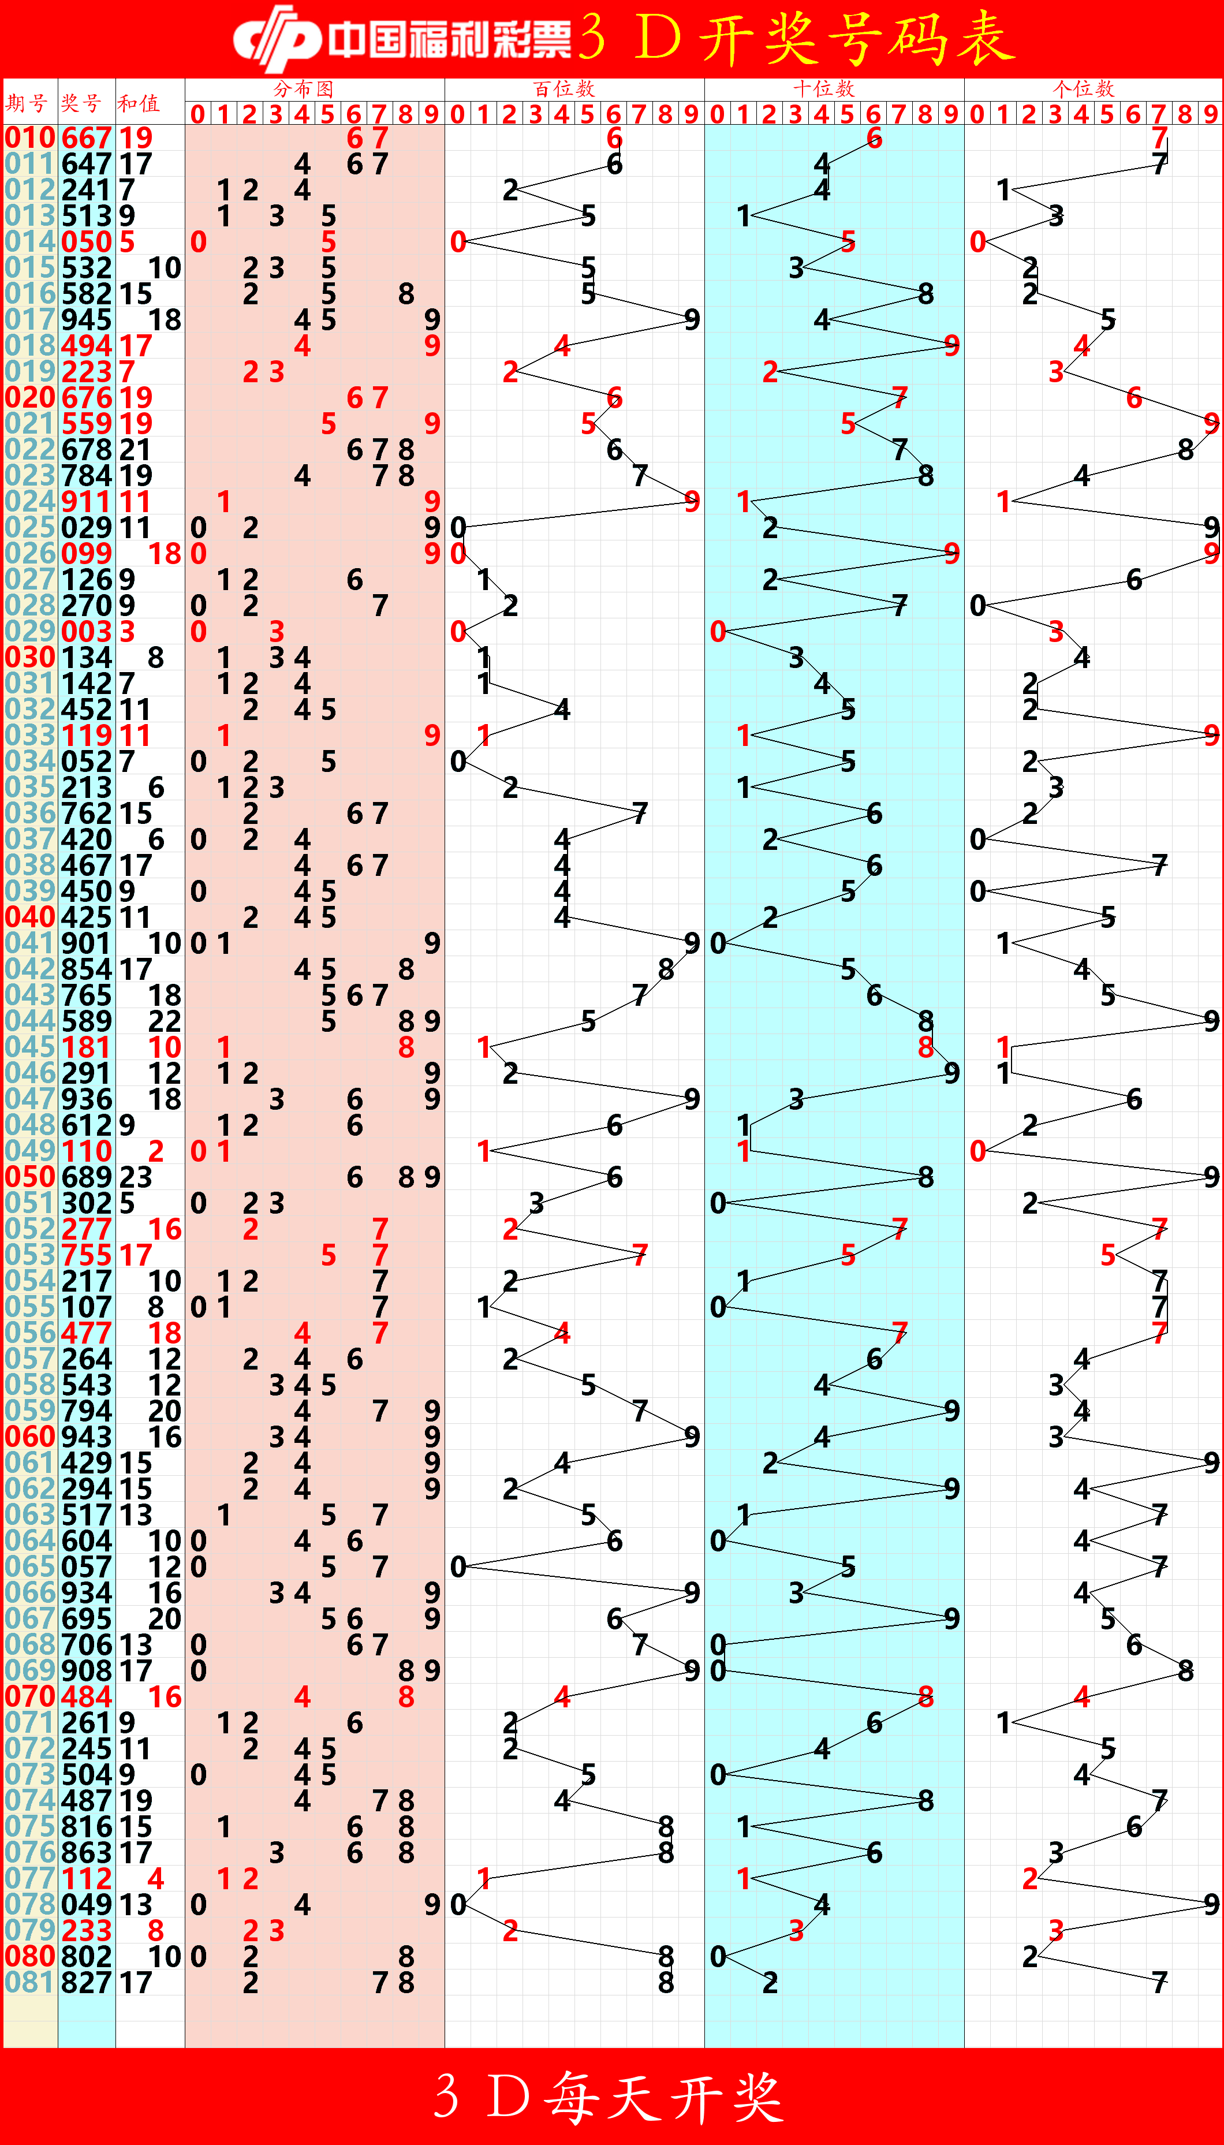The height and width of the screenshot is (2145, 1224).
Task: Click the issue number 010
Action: [x=29, y=138]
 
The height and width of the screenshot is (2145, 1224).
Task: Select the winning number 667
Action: [x=86, y=138]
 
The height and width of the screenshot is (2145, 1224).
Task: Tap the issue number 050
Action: [x=29, y=1177]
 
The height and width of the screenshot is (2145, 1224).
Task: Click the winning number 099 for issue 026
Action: [x=86, y=554]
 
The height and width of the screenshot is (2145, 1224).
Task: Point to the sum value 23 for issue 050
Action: [x=135, y=1177]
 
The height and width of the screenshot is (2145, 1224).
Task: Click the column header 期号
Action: [x=27, y=103]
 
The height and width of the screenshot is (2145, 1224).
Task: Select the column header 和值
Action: [x=139, y=103]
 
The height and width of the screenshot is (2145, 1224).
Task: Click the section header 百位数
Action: [x=564, y=88]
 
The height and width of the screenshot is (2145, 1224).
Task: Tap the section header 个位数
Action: [x=1084, y=88]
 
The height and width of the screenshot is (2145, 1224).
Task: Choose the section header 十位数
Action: [x=824, y=88]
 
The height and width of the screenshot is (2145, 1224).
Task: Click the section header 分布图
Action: [x=304, y=88]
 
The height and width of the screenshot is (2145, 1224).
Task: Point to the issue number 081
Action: [x=29, y=1982]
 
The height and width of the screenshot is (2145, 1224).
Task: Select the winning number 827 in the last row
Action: [x=86, y=1982]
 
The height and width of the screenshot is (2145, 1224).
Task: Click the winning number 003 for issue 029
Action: [x=86, y=631]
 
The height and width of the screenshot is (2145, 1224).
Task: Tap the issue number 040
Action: [x=29, y=917]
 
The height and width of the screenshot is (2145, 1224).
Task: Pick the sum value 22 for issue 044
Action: [x=164, y=1021]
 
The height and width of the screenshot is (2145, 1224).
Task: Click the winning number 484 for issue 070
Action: [x=86, y=1696]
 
